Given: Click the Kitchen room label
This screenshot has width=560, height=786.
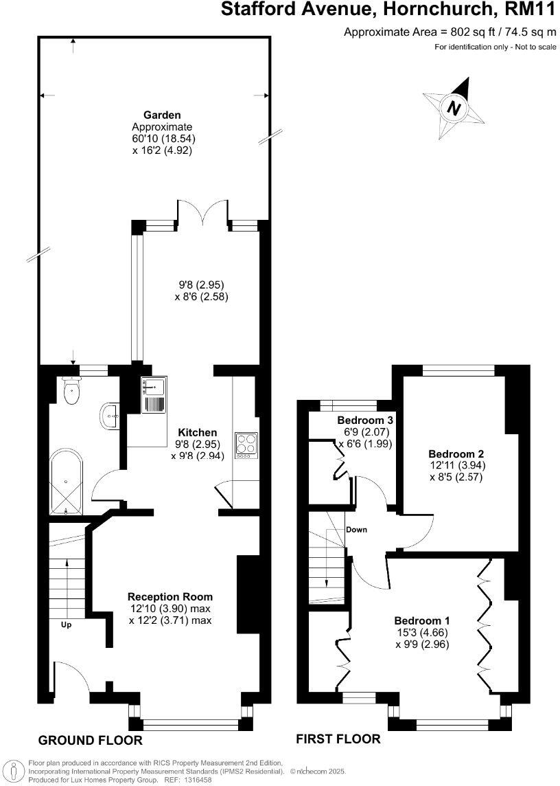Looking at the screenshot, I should click(198, 433).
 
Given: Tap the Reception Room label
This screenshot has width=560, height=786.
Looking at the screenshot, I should click(170, 596).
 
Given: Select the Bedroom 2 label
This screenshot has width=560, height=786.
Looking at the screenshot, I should click(456, 454).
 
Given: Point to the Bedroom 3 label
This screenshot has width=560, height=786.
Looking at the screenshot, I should click(364, 420).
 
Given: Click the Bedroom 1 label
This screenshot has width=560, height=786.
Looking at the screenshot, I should click(423, 620).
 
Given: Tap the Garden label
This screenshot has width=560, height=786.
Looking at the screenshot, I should click(162, 115).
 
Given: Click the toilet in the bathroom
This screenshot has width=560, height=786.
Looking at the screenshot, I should click(70, 393).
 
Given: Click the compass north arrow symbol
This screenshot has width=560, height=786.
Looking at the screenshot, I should click(453, 108).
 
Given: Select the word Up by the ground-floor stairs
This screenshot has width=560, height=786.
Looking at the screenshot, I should click(67, 625).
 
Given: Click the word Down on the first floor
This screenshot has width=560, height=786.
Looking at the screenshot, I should click(356, 530).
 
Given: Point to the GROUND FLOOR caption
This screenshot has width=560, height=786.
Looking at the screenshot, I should click(90, 740).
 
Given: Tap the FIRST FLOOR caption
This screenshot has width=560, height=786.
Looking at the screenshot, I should click(338, 739).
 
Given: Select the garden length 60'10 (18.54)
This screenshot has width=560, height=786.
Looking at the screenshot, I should click(159, 139).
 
